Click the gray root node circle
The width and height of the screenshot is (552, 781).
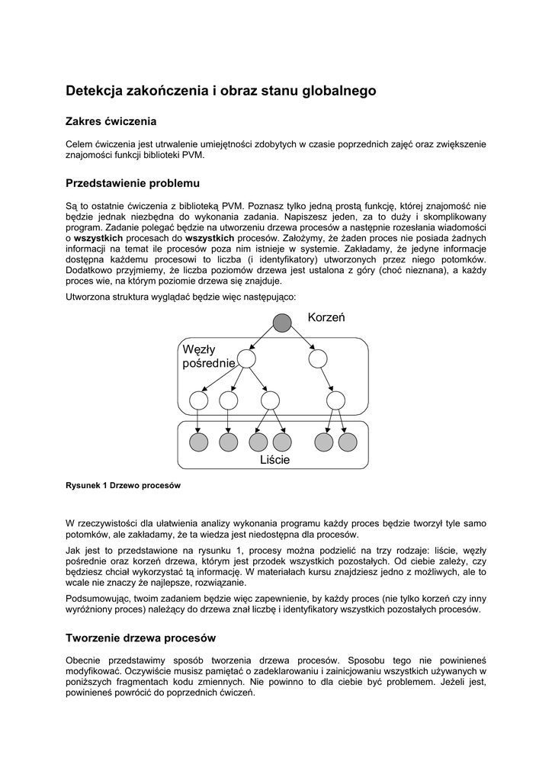point(282,323)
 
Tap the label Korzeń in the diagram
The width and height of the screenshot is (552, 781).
point(326,317)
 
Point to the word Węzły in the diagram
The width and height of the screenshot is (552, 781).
point(199,349)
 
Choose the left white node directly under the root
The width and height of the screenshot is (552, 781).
point(246,358)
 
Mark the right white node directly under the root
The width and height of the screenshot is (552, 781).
point(318,358)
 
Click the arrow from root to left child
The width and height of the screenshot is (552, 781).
point(264,341)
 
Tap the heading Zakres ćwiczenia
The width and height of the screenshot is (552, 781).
point(111,121)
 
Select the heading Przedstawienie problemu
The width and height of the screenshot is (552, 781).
point(133,184)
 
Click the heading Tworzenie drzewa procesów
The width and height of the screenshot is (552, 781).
point(141,638)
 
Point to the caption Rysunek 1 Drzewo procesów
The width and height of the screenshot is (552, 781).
point(123,485)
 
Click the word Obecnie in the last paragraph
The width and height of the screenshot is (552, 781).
point(84,660)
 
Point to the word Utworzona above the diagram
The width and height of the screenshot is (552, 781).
point(89,296)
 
